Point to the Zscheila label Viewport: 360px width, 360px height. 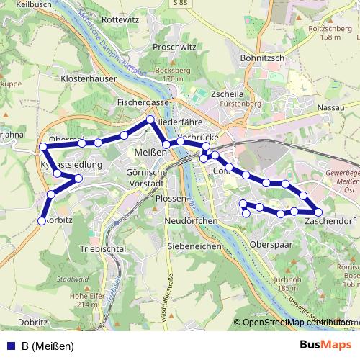[230, 94]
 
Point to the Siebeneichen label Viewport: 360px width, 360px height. [194, 246]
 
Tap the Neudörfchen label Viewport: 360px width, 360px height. [191, 220]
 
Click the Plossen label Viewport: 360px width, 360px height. [170, 198]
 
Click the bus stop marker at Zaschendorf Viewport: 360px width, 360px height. [318, 212]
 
